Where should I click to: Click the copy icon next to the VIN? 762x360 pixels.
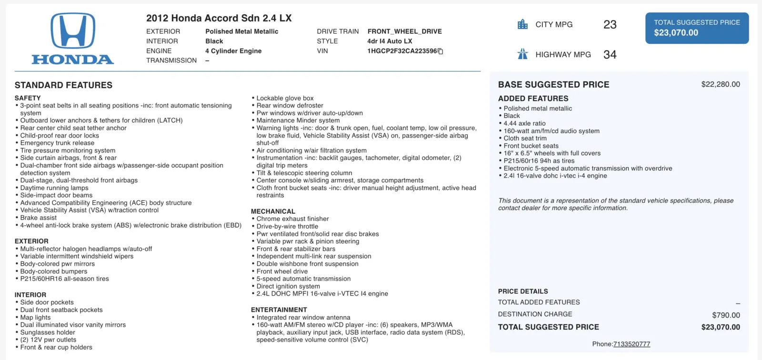pos(441,51)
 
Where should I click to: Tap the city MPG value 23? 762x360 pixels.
pos(610,25)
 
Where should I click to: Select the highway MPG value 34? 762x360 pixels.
pos(610,55)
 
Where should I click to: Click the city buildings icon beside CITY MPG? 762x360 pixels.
pos(522,24)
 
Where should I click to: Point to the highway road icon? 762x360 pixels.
pos(522,54)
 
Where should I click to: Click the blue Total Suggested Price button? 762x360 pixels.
pos(697,28)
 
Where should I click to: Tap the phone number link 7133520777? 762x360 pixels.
pos(632,344)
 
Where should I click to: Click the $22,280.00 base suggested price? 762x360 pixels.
pos(720,84)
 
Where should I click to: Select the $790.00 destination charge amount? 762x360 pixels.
pos(726,315)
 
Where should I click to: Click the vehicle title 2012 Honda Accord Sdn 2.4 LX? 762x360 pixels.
pos(219,18)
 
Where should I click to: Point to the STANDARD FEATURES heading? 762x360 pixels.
pos(63,85)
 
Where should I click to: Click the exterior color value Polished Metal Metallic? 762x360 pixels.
pos(241,31)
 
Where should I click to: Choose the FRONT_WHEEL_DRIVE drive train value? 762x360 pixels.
pos(404,31)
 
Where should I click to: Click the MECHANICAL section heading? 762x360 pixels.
pos(273,211)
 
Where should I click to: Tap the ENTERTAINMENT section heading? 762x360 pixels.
pos(279,310)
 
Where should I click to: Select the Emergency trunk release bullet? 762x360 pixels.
pos(57,143)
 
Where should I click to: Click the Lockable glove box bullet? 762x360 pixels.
pos(285,98)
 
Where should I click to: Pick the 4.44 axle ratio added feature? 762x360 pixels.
pos(524,123)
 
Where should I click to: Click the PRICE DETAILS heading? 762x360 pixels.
pos(523,291)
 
